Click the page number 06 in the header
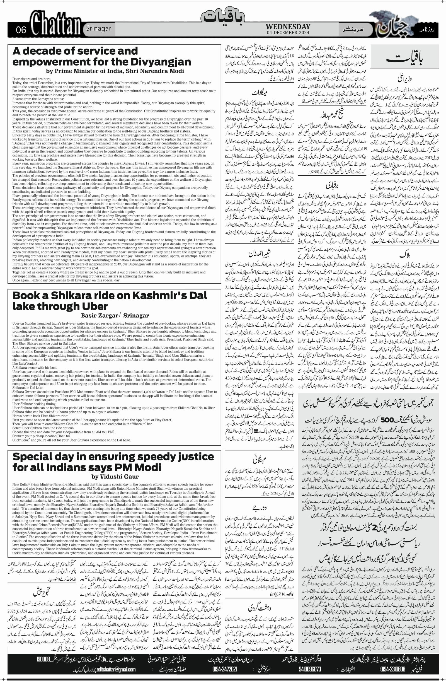click(21, 30)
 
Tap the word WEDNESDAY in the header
click(288, 26)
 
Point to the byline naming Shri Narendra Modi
click(115, 71)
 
